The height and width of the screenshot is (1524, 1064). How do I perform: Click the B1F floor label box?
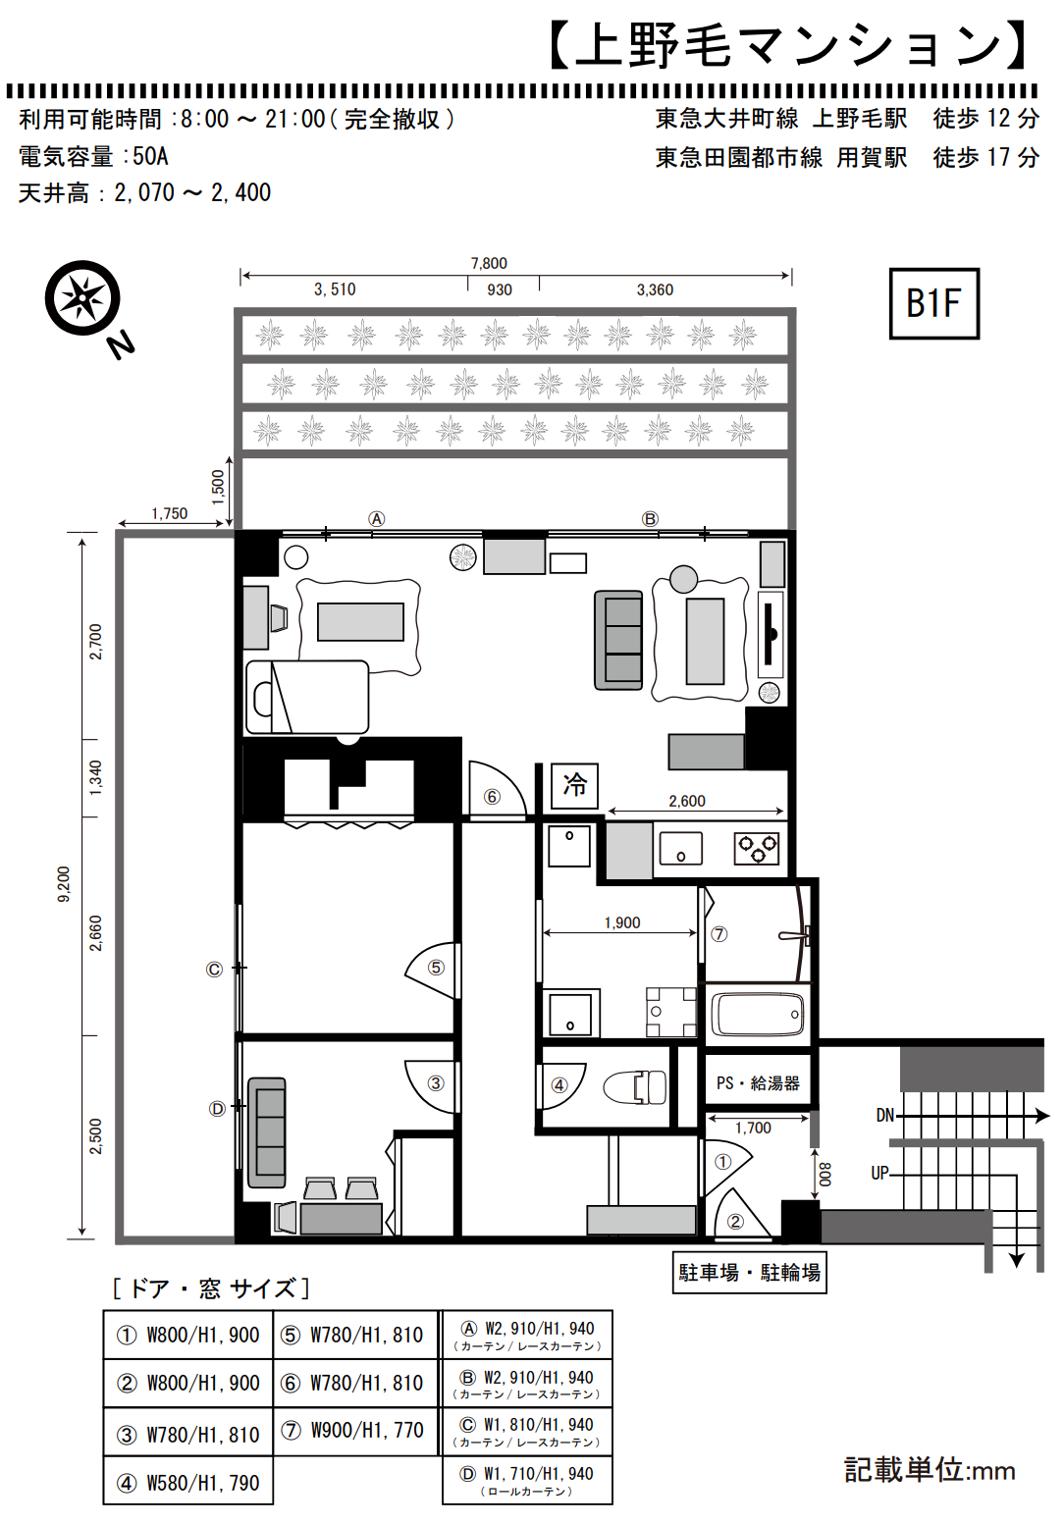tap(933, 303)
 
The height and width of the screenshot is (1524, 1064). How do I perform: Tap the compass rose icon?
tap(82, 297)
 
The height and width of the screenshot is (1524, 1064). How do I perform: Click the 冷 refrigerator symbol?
tap(574, 785)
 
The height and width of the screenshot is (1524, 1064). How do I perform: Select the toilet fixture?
tap(635, 1085)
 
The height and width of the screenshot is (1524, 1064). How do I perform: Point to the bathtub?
tap(757, 1015)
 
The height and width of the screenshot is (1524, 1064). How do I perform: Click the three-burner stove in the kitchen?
tap(756, 849)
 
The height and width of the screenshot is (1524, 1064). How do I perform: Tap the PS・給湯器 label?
tap(757, 1082)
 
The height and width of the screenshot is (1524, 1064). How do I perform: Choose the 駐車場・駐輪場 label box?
tap(749, 1272)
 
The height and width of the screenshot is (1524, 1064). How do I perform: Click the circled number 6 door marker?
tap(492, 797)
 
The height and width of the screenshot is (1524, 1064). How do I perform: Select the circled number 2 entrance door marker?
tap(735, 1221)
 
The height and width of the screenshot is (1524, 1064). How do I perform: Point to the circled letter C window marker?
tap(214, 969)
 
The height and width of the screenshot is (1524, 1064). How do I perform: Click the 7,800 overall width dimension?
tap(489, 263)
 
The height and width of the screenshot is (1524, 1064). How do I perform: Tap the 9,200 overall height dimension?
tap(63, 884)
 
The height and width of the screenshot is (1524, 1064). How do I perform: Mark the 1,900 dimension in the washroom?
tap(621, 922)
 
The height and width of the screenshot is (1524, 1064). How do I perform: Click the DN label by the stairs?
tap(884, 1116)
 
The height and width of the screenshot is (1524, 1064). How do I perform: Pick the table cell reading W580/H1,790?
tap(187, 1483)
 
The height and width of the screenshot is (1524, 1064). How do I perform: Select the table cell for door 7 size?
tap(354, 1432)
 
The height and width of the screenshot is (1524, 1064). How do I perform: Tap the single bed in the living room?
tap(307, 697)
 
